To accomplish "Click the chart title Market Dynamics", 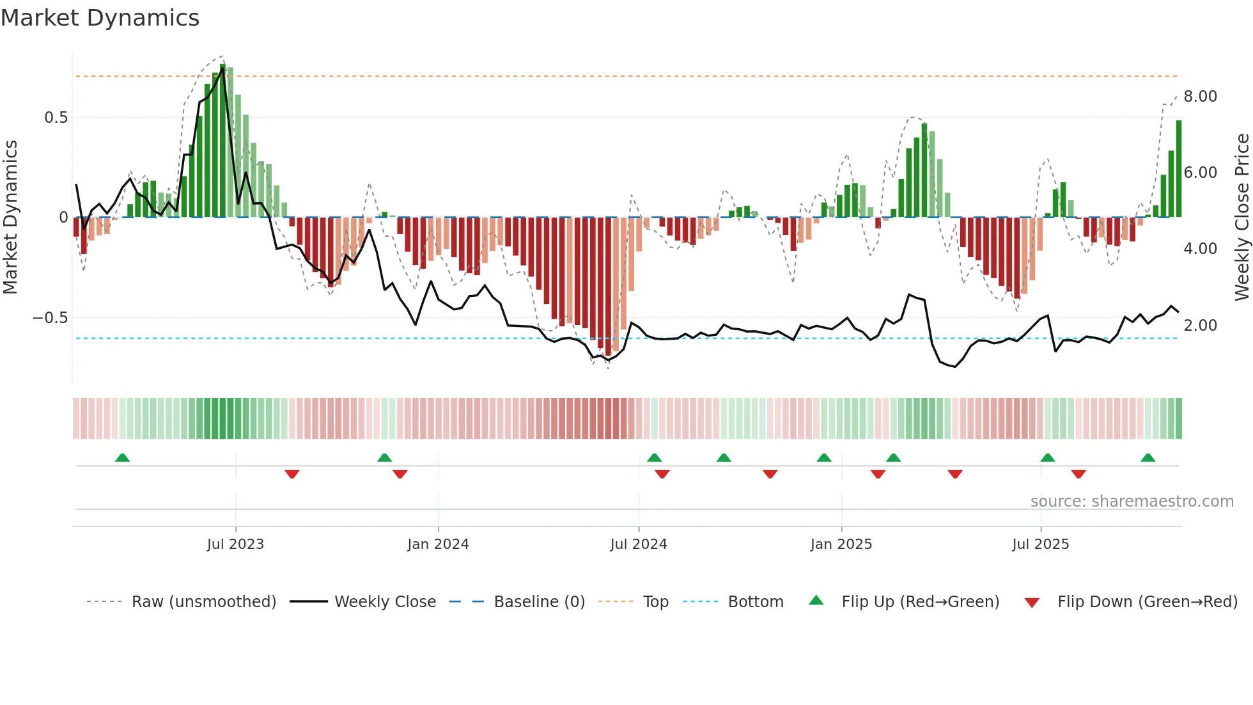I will [100, 18].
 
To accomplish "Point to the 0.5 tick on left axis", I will [56, 118].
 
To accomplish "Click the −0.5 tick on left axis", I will [50, 318].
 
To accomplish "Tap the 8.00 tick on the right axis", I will [1200, 97].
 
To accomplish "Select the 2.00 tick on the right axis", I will [1200, 326].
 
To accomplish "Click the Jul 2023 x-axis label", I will [235, 544].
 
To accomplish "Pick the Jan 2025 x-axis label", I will [841, 544].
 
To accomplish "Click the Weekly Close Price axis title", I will [1241, 217].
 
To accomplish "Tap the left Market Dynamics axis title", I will [11, 217].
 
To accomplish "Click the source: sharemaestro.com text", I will [1132, 502].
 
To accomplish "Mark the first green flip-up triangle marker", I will [122, 457].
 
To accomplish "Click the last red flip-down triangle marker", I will [1078, 474].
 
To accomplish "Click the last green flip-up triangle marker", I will [1148, 457].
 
